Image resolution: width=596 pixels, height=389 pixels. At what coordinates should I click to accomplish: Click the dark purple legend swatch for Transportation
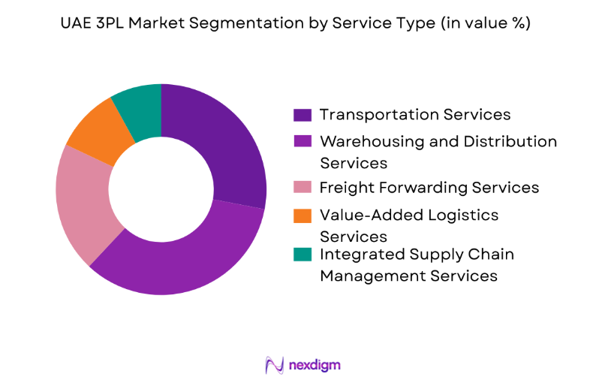coord(303,115)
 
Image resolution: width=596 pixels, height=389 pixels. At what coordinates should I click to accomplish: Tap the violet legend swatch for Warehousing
coord(303,142)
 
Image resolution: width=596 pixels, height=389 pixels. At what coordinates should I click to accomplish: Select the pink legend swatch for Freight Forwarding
coord(303,188)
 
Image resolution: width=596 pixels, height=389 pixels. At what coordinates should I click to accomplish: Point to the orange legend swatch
coord(303,216)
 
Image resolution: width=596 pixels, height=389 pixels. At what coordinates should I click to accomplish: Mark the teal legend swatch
coord(303,255)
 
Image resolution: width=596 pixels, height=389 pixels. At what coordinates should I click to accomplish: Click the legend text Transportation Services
coord(415,115)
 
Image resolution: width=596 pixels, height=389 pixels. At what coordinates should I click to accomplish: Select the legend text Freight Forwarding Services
coord(429,188)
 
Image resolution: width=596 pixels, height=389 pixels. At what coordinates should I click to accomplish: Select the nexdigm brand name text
coord(315,365)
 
